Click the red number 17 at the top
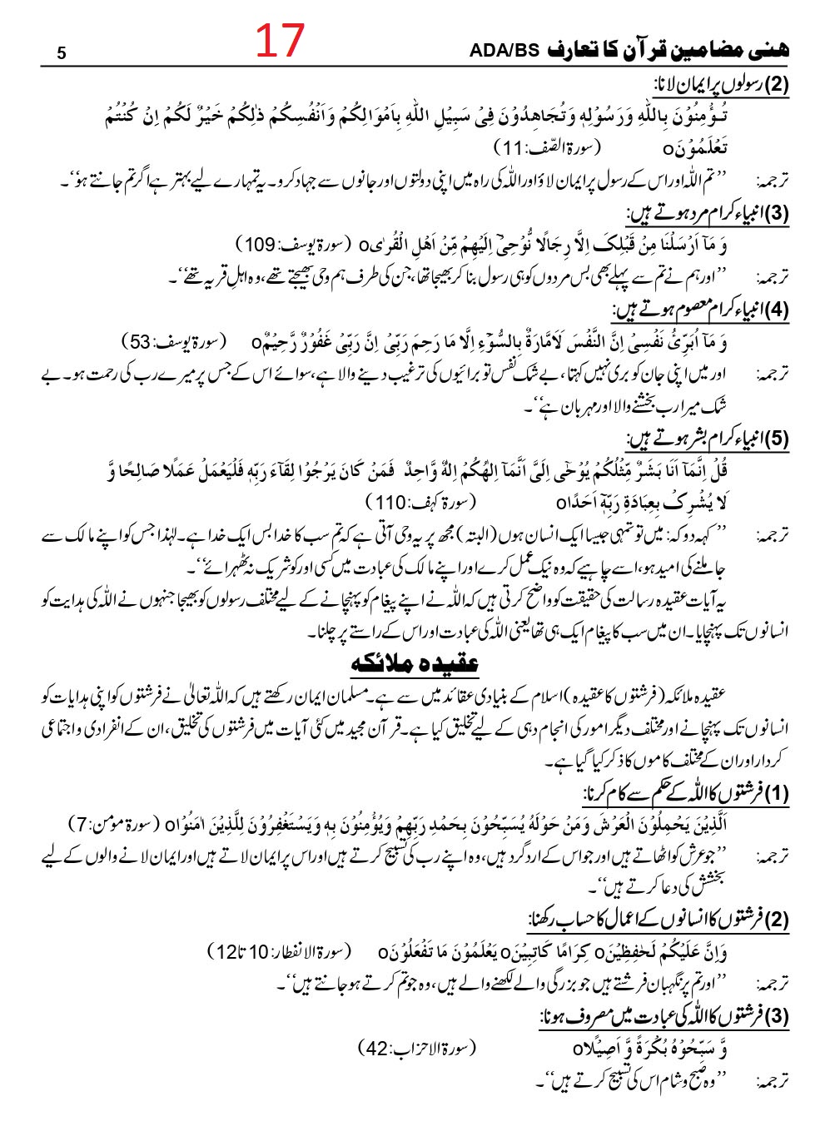point(280,40)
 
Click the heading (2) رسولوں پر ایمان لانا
point(721,84)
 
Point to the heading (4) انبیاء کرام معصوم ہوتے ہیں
point(700,310)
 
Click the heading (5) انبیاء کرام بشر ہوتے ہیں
point(707,439)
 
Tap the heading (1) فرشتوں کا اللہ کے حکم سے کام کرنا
point(685,792)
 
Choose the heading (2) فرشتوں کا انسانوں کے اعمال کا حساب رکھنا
point(659,920)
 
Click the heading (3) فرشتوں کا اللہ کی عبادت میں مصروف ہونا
point(664,1016)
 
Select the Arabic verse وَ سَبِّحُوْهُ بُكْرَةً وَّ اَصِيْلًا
point(650,1047)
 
